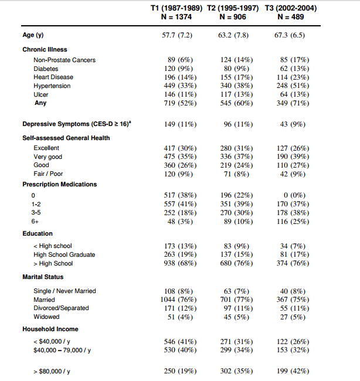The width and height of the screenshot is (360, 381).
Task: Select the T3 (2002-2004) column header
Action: click(x=291, y=8)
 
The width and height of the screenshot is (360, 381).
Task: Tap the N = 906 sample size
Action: click(x=233, y=17)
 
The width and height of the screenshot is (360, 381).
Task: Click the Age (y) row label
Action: click(x=33, y=36)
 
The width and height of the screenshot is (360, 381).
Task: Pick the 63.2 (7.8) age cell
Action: click(x=233, y=36)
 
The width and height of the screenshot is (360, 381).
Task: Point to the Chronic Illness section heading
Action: click(x=45, y=50)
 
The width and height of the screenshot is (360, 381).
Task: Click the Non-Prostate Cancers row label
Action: click(x=64, y=60)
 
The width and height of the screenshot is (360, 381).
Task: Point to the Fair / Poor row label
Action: click(x=48, y=174)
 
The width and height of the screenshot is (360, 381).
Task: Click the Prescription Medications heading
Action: click(x=60, y=185)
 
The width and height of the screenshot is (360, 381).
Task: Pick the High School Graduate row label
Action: click(x=64, y=255)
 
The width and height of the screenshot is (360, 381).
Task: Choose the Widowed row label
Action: click(x=46, y=317)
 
